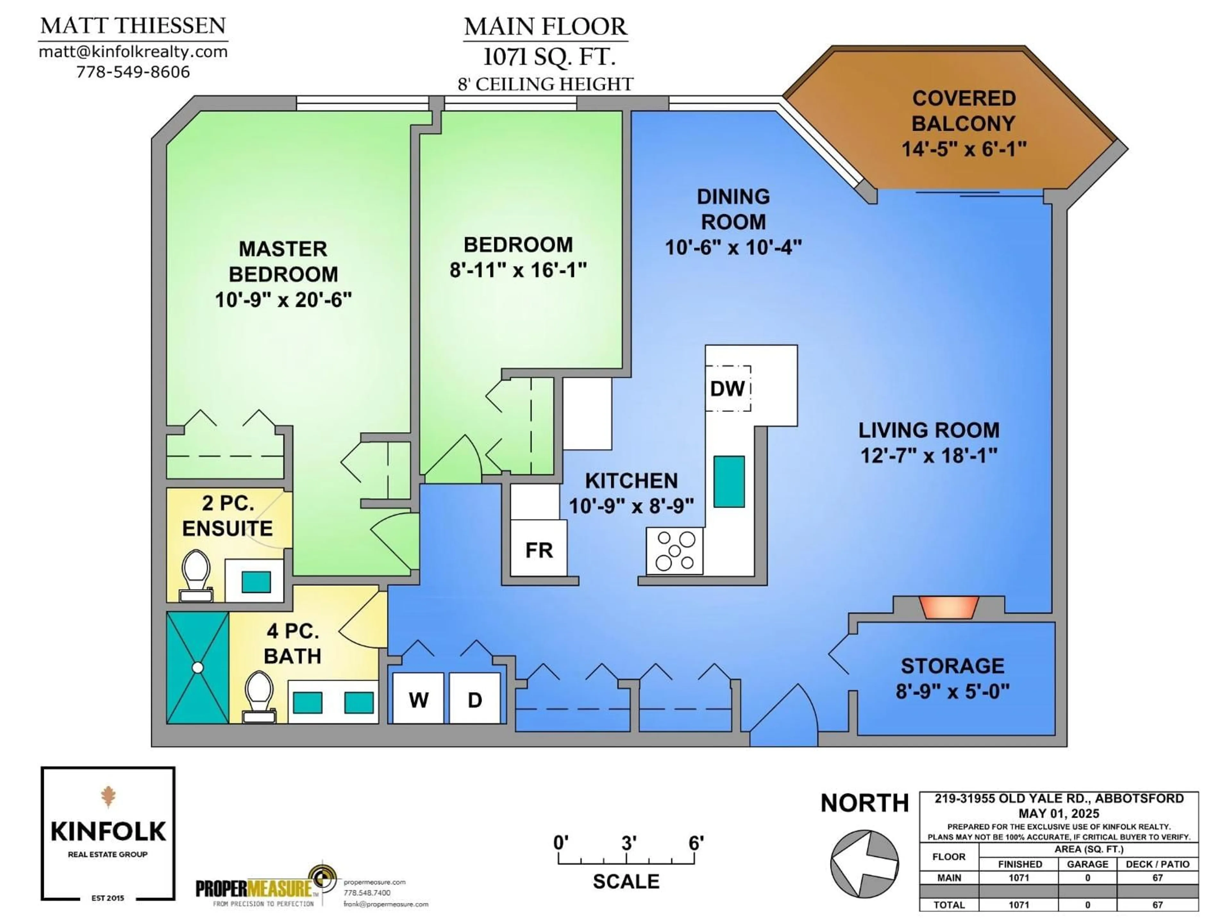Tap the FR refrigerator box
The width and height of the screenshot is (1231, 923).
click(x=539, y=550)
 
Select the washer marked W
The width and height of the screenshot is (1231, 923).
click(x=418, y=699)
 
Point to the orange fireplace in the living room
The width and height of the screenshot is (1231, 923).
click(x=948, y=607)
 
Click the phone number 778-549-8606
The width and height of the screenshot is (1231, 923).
click(x=133, y=72)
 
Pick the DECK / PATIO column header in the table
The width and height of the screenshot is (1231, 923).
click(x=1157, y=864)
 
